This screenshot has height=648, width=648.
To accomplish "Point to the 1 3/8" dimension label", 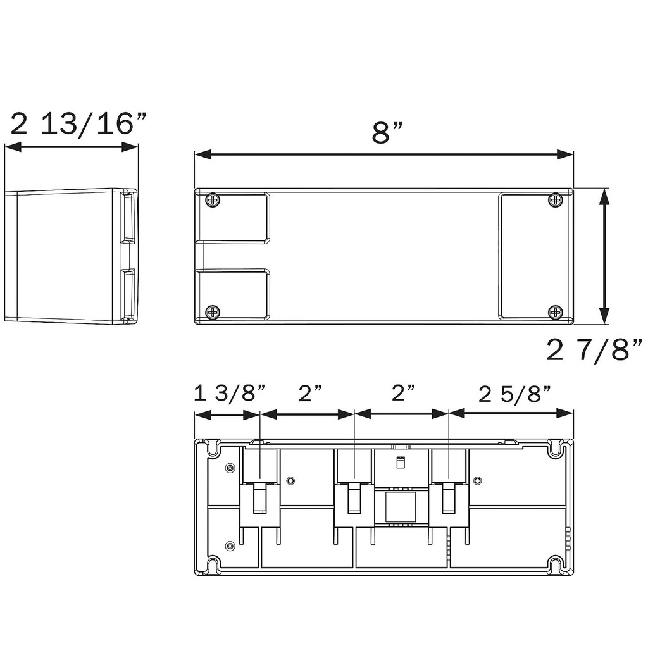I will pos(229,394).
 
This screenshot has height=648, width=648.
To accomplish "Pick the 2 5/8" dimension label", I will pos(514,394).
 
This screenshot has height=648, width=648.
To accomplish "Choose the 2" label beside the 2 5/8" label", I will pos(403,394).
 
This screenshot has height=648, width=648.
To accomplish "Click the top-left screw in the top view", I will pos(212,201).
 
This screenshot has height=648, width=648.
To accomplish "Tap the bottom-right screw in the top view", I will pos(556,311).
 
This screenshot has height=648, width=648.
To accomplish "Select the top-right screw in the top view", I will pos(556,201).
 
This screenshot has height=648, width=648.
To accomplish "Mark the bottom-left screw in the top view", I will pos(212,311).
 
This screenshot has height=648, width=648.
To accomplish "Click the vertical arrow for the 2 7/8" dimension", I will pos(604,256).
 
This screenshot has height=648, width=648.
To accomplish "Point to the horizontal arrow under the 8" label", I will pos(383,155).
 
